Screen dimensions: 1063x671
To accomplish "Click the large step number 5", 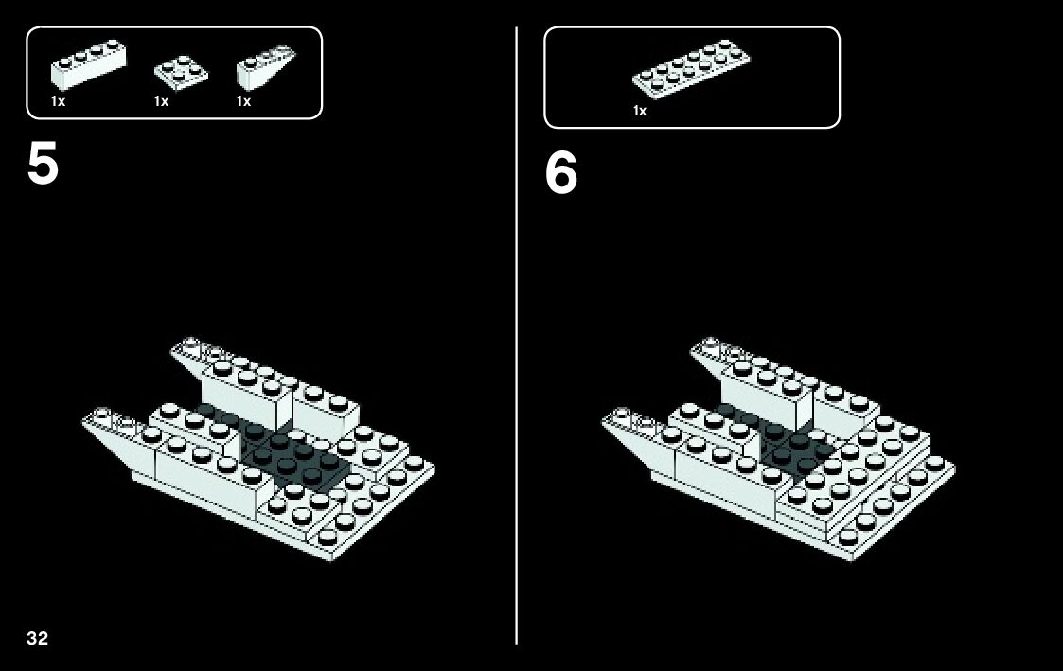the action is pyautogui.click(x=43, y=165).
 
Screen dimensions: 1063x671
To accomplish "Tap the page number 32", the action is pyautogui.click(x=37, y=637).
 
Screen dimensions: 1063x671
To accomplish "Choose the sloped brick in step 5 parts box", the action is pyautogui.click(x=261, y=69).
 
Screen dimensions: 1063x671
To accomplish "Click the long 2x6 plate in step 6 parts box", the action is pyautogui.click(x=691, y=70).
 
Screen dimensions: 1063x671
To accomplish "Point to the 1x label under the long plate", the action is pyautogui.click(x=640, y=111).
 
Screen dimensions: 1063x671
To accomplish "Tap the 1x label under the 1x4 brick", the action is pyautogui.click(x=59, y=101).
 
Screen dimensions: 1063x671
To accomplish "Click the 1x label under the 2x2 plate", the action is pyautogui.click(x=161, y=101).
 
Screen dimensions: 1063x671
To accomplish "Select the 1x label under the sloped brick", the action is pyautogui.click(x=243, y=101).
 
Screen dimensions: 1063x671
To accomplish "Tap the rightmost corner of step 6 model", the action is pyautogui.click(x=953, y=465).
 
